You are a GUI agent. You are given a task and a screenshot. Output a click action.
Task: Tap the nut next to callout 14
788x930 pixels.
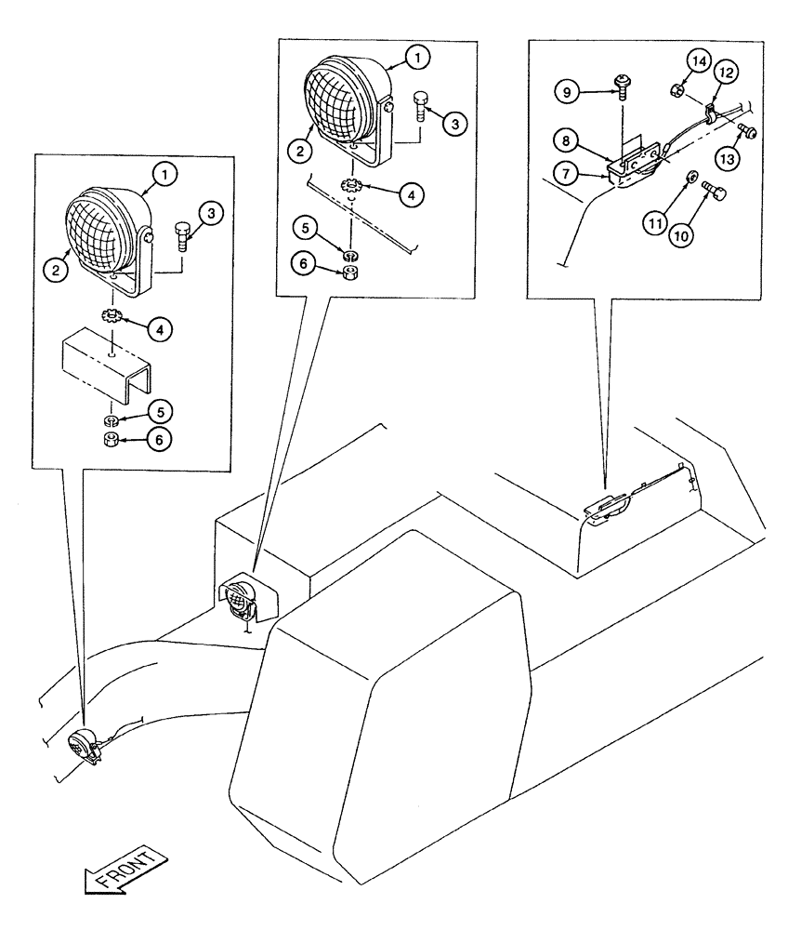point(672,91)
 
